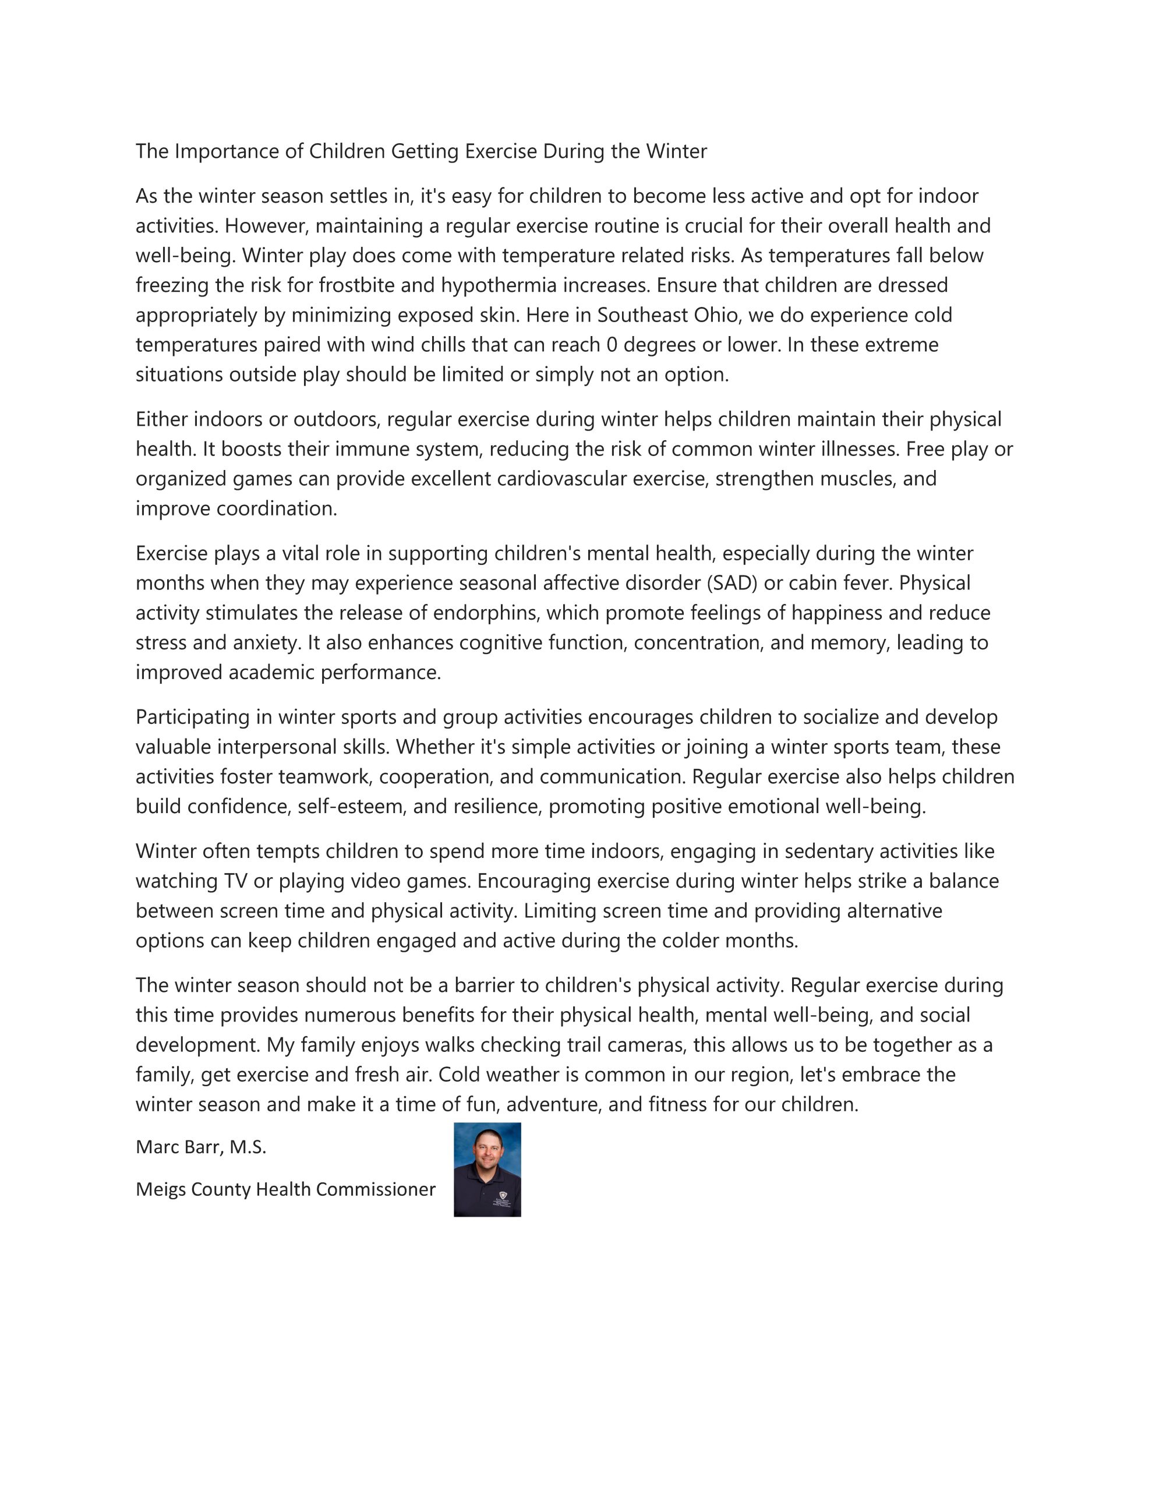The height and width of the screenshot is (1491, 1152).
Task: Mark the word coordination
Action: tap(277, 508)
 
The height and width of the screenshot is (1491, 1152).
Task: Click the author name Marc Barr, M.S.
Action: tap(201, 1147)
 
